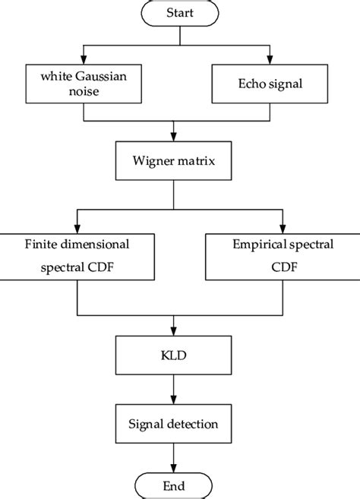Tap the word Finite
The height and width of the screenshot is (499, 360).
point(30,245)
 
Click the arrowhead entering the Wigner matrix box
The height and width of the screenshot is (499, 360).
point(175,138)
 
